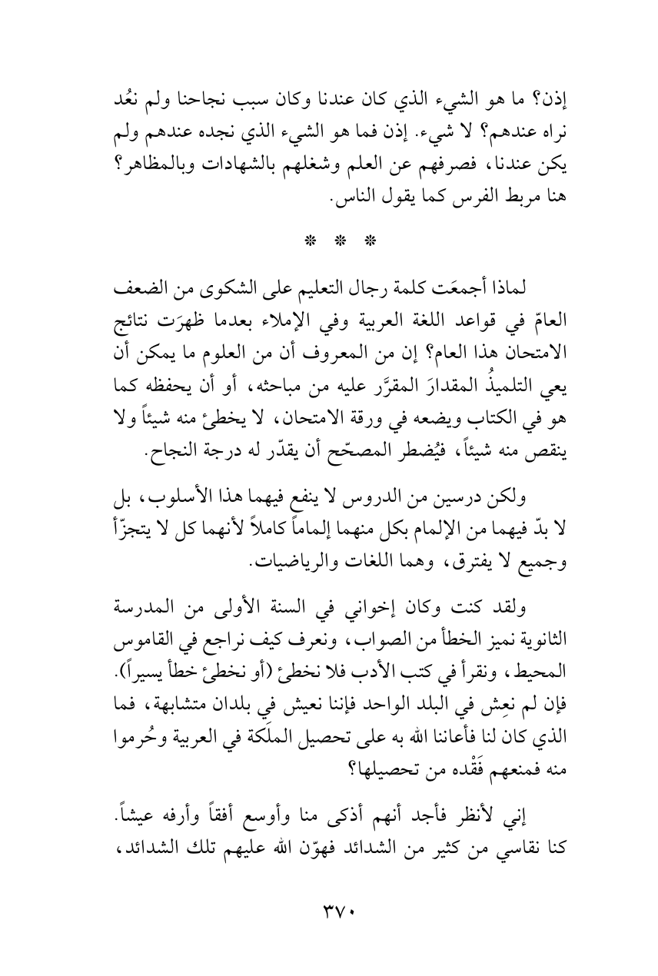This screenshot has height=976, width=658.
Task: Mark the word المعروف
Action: pyautogui.click(x=337, y=324)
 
